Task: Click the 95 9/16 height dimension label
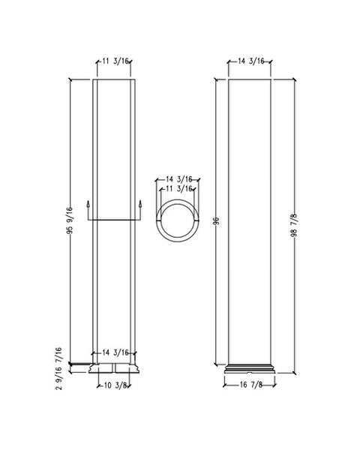pos(68,220)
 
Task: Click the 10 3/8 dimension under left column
pos(115,386)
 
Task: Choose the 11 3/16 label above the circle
pos(179,189)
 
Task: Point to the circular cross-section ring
pos(160,219)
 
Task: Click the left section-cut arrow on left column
pos(88,205)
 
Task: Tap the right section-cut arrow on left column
pos(141,205)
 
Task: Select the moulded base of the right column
pos(250,369)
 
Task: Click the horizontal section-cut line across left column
pos(115,220)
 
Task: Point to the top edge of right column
pos(250,78)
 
